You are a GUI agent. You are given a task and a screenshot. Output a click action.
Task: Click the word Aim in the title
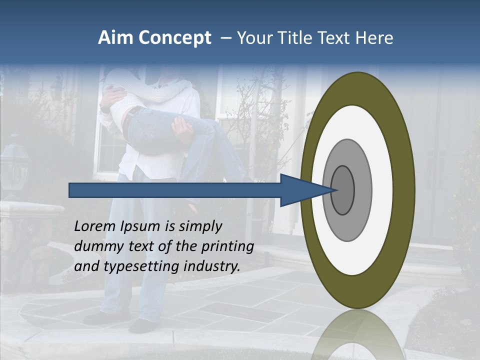(x=115, y=38)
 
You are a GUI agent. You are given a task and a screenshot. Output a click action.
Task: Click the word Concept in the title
(x=174, y=38)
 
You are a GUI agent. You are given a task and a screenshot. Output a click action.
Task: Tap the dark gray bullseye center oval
(x=343, y=190)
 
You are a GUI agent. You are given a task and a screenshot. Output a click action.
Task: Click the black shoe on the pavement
(x=142, y=326)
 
